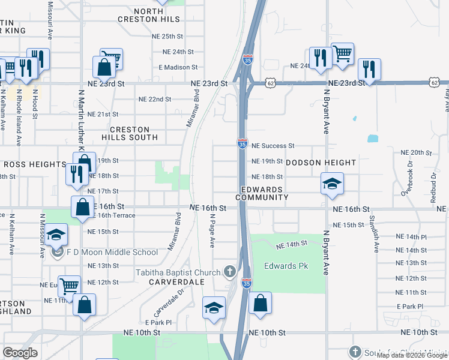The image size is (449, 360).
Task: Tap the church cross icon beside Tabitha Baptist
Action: pos(229,272)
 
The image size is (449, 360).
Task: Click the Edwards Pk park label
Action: pos(286,266)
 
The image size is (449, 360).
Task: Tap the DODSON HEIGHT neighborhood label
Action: pos(321,163)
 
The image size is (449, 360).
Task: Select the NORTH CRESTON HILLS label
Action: pos(157,16)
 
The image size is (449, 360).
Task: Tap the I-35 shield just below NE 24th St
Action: pos(248,60)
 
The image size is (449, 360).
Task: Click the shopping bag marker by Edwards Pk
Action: pos(260,304)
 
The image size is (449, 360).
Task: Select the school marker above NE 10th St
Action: pos(214,308)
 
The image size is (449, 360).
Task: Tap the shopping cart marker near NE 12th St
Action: pos(70,285)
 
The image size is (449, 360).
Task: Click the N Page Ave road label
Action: pos(212,232)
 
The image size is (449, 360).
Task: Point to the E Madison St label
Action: pos(177,67)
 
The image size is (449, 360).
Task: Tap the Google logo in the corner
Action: pos(20,352)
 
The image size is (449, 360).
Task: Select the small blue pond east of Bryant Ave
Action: pos(373,139)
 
